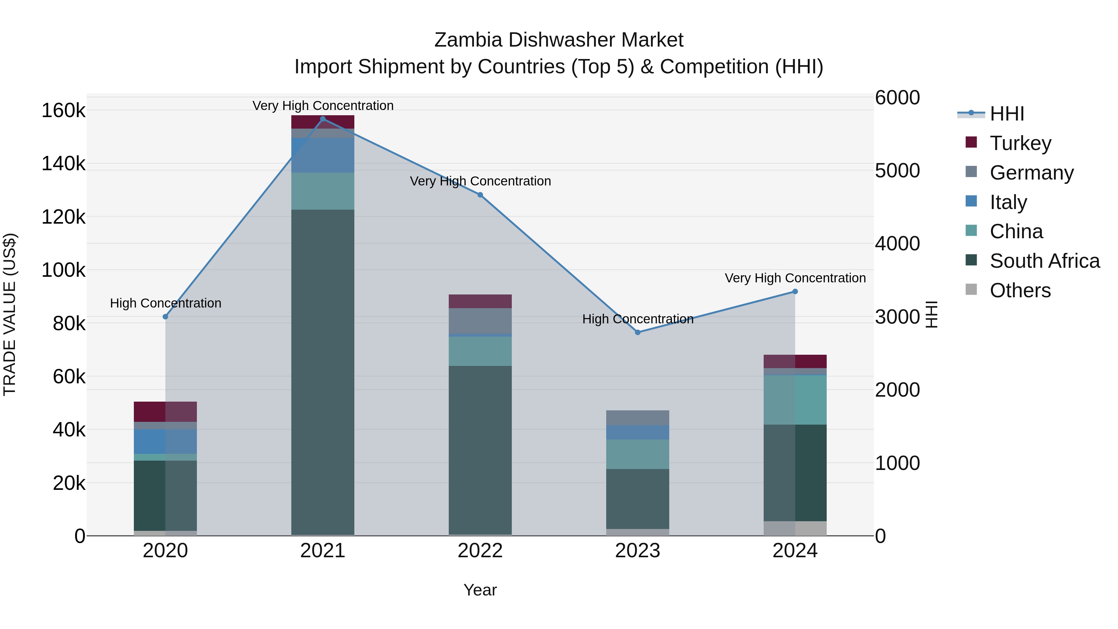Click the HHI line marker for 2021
coord(322,119)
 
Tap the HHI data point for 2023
coord(638,332)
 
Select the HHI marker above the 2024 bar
coord(795,292)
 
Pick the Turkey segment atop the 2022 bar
coord(480,301)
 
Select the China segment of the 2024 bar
coord(795,400)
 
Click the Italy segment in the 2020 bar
coord(165,441)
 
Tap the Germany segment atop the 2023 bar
coord(638,417)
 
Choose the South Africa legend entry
coord(1044,261)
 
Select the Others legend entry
coord(1020,290)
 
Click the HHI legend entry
coord(1007,114)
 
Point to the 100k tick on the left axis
coord(63,270)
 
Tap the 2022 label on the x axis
coord(480,551)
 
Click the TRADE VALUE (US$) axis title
coord(10,314)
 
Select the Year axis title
coord(480,590)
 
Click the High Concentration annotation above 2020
coord(165,303)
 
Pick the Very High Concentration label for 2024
coord(795,278)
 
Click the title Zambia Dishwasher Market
coord(559,40)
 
